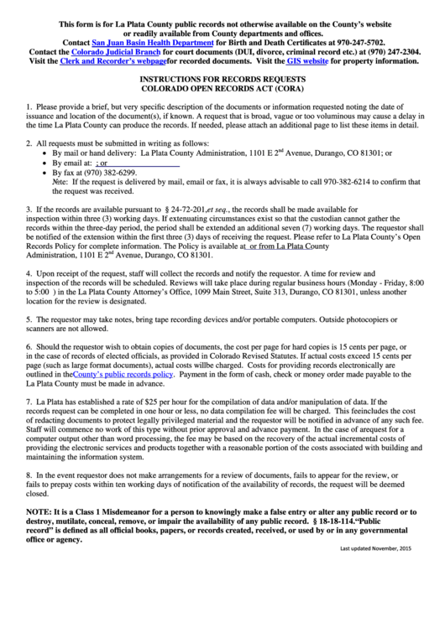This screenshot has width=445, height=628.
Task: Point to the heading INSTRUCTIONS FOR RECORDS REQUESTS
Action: click(x=222, y=76)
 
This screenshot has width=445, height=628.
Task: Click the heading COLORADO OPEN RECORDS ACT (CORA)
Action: click(x=222, y=86)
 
